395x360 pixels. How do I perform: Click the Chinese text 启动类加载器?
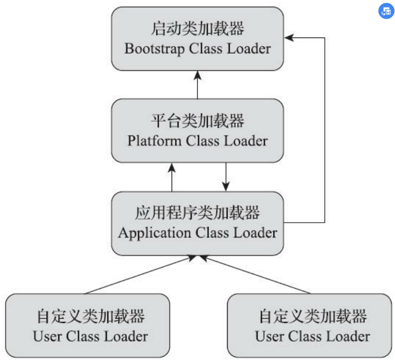197,29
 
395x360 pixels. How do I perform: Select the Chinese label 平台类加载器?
197,121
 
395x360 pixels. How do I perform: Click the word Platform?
154,141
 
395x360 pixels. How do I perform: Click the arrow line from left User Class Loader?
138,275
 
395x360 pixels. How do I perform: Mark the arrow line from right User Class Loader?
257,275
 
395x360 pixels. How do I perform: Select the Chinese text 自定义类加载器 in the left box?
90,316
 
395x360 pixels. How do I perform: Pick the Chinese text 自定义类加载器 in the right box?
312,316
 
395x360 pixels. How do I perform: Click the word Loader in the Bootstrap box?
248,49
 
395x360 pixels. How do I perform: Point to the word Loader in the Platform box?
245,141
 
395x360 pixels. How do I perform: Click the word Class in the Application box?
212,233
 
